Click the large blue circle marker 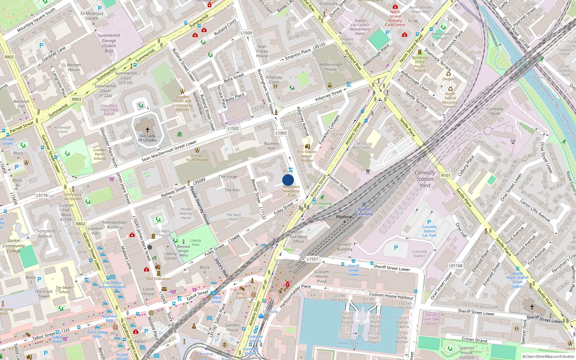click(288, 180)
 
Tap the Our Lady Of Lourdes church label click(148, 138)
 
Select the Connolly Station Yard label click(425, 179)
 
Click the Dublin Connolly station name click(364, 212)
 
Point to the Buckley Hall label click(271, 145)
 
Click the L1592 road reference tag click(233, 129)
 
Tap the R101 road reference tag click(446, 176)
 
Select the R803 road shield click(76, 99)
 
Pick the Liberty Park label click(195, 243)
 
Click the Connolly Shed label click(495, 111)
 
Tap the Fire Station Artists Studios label click(307, 156)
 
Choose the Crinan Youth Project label click(197, 158)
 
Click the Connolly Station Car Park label click(429, 231)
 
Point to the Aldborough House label click(330, 67)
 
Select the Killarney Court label click(274, 80)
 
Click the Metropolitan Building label click(114, 225)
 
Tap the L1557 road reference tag click(312, 259)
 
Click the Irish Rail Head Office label click(298, 237)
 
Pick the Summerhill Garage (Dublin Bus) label click(109, 43)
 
